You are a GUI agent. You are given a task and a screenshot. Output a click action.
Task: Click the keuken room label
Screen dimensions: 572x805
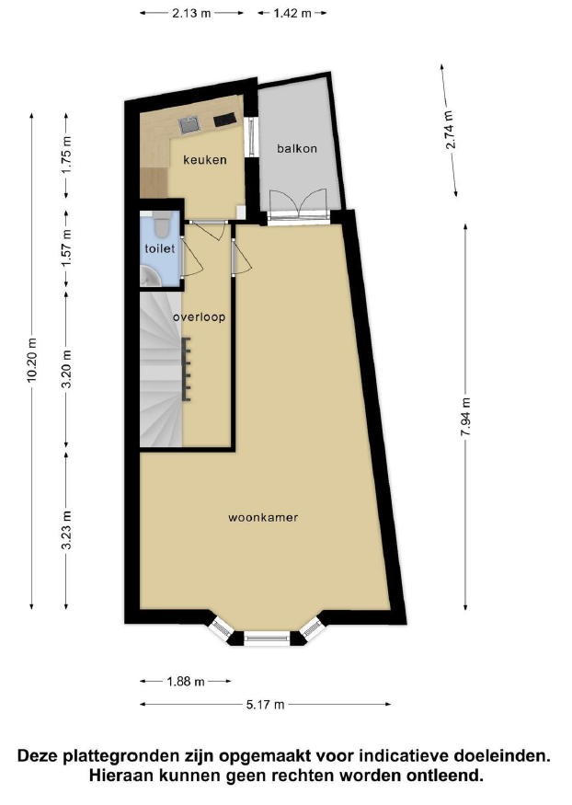point(205,160)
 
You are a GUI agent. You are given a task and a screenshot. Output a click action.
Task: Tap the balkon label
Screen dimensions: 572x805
point(297,148)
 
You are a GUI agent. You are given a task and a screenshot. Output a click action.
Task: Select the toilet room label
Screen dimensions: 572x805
point(159,248)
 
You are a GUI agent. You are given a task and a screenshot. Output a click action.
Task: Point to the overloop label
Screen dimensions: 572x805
point(199,316)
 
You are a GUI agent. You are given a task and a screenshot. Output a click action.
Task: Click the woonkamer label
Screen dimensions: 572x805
point(263,517)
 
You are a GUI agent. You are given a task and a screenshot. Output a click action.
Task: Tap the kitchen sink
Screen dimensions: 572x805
point(189,125)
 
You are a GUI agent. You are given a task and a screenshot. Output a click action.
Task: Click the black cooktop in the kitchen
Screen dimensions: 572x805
point(224,120)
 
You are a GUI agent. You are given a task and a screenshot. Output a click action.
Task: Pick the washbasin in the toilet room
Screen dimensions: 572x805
point(149,276)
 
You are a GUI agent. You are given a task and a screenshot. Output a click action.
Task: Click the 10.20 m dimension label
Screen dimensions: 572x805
point(32,361)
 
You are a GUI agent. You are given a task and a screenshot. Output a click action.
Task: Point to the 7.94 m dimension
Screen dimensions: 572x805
point(466,417)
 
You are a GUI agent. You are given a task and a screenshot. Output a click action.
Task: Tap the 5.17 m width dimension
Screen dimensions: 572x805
point(265,705)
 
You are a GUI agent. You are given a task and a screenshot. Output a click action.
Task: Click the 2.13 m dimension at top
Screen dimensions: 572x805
point(191,14)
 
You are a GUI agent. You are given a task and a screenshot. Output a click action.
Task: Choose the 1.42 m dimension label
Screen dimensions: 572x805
point(292,14)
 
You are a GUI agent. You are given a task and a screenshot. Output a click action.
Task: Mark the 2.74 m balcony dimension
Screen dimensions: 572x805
point(450,130)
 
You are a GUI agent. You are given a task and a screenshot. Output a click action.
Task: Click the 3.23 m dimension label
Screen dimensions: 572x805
point(66,530)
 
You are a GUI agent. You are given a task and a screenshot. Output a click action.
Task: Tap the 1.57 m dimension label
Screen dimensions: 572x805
point(66,248)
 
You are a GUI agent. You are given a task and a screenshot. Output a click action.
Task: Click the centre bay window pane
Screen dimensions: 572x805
point(267,638)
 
